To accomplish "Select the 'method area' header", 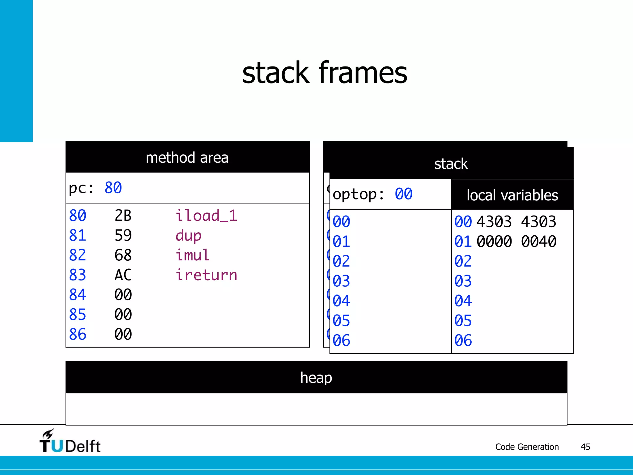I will tap(187, 158).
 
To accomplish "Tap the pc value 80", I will tap(113, 188).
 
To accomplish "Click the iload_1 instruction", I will tap(206, 216).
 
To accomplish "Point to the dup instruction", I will tap(188, 236).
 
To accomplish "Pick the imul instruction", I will tap(192, 255).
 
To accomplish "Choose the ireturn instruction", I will tap(206, 275).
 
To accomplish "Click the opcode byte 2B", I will tap(123, 216).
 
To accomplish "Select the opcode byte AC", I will tap(123, 275).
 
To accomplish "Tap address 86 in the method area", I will tap(78, 334).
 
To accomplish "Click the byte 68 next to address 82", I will tap(123, 255).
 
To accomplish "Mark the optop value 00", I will tap(403, 194).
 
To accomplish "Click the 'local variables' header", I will tap(512, 195).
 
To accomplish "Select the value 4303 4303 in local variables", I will tap(516, 222).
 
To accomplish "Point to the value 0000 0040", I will tap(516, 242).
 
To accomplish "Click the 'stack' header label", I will tap(451, 164).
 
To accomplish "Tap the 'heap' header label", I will tap(316, 378).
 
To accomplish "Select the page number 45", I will tap(585, 447).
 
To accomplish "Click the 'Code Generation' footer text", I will tap(527, 447).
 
